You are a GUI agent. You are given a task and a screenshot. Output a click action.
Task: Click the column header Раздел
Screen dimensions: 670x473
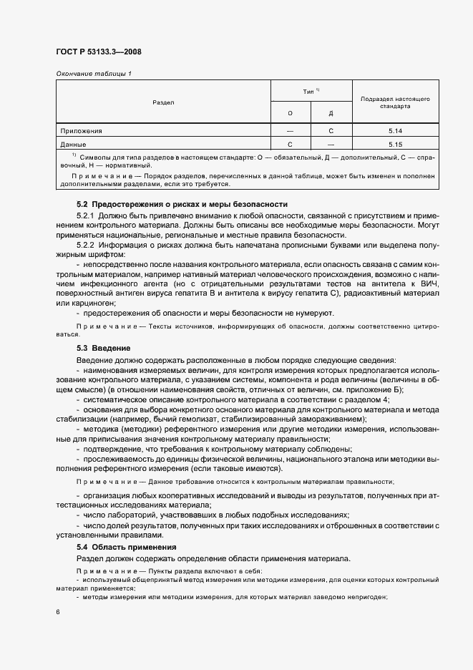pos(163,103)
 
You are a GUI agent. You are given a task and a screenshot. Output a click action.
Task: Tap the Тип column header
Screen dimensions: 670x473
pos(311,91)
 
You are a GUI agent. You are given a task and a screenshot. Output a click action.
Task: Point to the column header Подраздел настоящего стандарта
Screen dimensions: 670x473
pos(395,102)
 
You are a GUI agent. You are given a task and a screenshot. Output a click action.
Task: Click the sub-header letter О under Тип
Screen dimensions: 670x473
pos(290,114)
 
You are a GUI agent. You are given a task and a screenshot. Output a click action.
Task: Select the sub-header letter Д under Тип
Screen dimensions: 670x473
pos(331,114)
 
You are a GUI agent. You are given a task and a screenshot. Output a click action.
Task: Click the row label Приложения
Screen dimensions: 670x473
pos(82,131)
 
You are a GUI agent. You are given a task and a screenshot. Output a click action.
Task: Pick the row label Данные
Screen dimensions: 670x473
pos(74,145)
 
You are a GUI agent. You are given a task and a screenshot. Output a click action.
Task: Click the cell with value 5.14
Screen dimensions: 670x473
pos(395,131)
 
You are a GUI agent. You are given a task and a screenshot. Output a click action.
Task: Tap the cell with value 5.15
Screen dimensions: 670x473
pos(395,145)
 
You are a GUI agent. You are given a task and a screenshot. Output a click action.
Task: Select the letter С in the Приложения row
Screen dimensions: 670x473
pos(331,131)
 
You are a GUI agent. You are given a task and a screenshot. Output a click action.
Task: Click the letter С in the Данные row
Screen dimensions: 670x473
pos(290,145)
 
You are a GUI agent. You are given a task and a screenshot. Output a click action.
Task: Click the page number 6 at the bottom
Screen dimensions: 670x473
pos(58,612)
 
